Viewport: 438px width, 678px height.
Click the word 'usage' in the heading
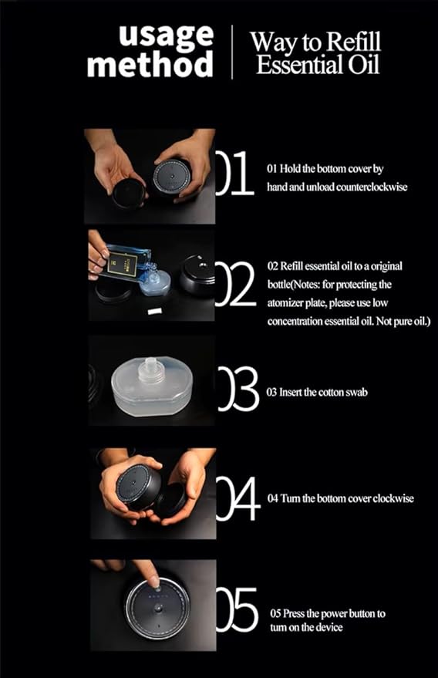[x=166, y=37]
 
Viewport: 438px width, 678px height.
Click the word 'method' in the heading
[x=150, y=64]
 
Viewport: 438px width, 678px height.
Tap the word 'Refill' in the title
[x=353, y=42]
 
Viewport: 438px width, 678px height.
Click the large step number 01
[x=234, y=173]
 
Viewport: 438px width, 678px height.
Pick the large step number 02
[x=236, y=284]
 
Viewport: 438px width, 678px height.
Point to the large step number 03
[x=238, y=389]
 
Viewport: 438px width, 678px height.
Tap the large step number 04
[x=238, y=498]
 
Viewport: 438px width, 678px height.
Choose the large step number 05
[x=237, y=609]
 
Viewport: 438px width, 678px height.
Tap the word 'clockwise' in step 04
[x=393, y=498]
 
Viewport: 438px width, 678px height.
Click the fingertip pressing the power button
[x=155, y=581]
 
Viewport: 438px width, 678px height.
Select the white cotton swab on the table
[x=154, y=312]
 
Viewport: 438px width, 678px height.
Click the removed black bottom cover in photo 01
[x=129, y=194]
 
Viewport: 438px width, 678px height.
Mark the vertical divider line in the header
[x=232, y=52]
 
